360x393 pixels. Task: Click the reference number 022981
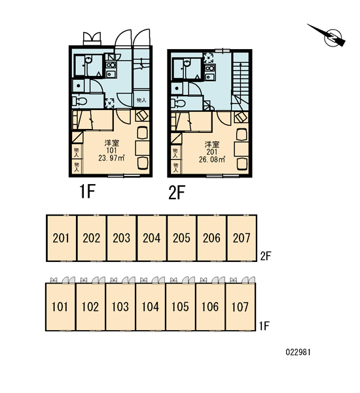(x=298, y=352)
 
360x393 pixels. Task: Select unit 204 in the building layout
(x=152, y=238)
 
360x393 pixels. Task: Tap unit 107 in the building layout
(x=240, y=307)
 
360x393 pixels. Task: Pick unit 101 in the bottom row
(x=60, y=307)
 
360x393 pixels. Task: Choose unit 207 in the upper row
(x=242, y=238)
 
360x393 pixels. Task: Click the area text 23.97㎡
(x=111, y=159)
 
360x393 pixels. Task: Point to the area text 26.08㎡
(x=212, y=160)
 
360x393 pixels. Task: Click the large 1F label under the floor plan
(x=87, y=191)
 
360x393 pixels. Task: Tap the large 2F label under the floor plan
(x=177, y=193)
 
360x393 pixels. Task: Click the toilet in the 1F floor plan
(x=80, y=102)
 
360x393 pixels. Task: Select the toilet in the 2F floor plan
(x=178, y=103)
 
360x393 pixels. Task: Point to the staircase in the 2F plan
(x=240, y=80)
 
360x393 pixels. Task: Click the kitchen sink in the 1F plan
(x=110, y=74)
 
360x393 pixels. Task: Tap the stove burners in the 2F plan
(x=209, y=68)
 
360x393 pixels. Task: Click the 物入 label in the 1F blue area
(x=141, y=100)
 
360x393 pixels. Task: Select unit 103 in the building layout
(x=120, y=307)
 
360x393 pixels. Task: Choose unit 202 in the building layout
(x=92, y=238)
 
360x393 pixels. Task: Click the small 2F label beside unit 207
(x=266, y=256)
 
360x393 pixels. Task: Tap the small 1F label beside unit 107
(x=264, y=326)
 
